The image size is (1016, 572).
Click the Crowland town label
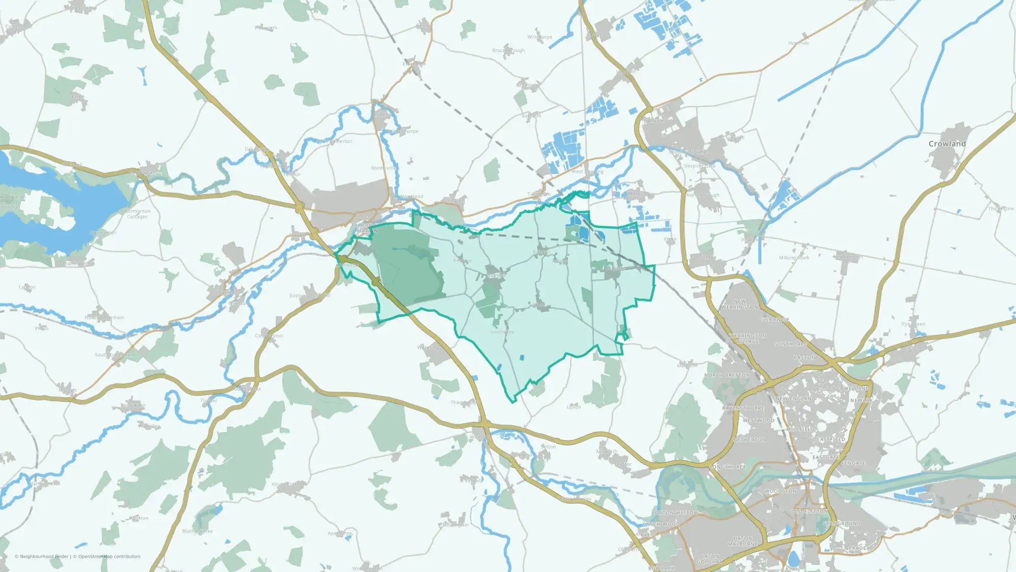pos(947,144)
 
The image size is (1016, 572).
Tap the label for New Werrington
pos(740,305)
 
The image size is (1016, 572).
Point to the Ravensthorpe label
pos(743,408)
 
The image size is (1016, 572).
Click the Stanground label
pos(842,523)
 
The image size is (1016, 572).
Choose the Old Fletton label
pos(809,511)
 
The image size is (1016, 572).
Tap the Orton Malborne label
pos(743,541)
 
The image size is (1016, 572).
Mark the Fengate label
pos(853,463)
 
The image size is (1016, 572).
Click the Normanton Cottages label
pos(137,214)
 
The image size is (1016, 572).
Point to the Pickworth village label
pos(266,28)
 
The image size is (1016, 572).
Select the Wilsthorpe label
pos(539,37)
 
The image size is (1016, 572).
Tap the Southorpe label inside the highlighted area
pos(502,332)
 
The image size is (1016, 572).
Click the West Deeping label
pos(587,172)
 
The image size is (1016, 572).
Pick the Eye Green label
pos(913,324)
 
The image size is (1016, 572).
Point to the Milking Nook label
pos(794,258)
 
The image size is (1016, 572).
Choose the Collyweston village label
pos(269,336)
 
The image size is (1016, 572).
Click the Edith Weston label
pos(80,264)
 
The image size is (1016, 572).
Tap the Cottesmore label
pos(18,27)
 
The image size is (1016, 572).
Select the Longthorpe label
pos(727,467)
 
